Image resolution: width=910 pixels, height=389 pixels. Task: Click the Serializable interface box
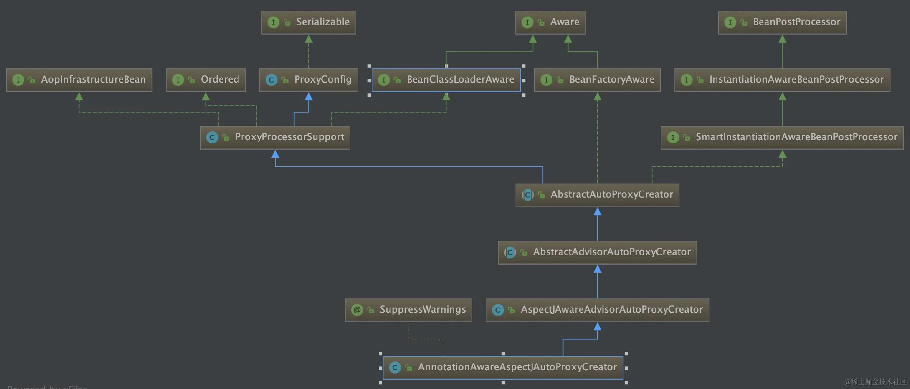308,22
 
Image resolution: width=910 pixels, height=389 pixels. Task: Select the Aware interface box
550,22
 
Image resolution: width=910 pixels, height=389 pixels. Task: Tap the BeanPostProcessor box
782,22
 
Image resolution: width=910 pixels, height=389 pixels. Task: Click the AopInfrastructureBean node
79,80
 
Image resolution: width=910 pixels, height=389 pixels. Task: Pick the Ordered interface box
206,80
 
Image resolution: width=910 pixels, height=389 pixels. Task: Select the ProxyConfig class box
308,80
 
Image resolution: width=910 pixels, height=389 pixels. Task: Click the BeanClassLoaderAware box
446,80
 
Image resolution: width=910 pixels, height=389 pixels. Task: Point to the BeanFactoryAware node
597,80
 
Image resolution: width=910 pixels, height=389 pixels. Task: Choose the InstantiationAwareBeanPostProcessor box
782,80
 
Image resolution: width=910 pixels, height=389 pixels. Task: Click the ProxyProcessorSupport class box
275,137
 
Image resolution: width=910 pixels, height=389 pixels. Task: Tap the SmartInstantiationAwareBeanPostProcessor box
782,137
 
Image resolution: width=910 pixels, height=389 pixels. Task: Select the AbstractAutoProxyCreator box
597,195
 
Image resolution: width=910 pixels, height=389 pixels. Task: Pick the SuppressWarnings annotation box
408,310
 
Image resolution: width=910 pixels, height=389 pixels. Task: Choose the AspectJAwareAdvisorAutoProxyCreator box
597,310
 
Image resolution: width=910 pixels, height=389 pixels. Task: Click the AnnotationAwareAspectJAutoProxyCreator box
503,368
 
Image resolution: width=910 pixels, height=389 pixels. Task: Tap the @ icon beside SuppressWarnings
357,310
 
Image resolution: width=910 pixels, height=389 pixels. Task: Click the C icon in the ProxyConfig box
271,80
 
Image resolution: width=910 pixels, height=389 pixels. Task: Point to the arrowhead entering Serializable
308,39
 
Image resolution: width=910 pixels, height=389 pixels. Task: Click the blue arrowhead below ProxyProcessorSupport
275,154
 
